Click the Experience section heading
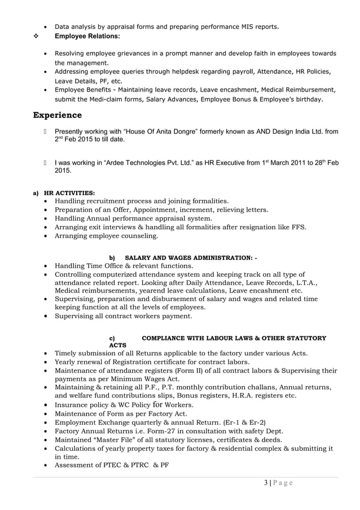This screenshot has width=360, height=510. (x=57, y=115)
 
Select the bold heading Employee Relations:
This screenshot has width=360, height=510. (x=87, y=36)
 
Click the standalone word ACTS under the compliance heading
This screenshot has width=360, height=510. (x=117, y=345)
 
